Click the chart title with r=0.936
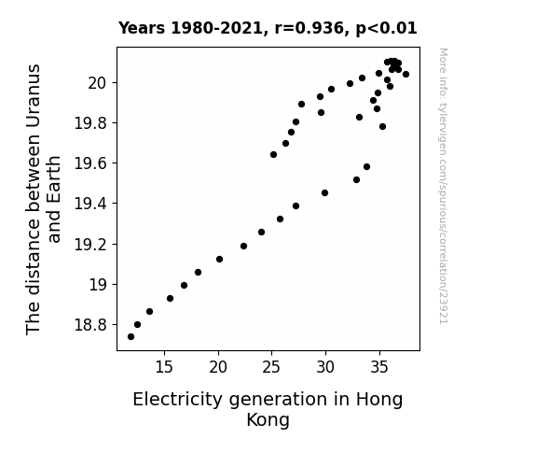tap(268, 28)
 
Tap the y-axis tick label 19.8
tap(90, 123)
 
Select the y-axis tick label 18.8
tap(90, 325)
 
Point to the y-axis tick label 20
tap(98, 83)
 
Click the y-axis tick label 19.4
tap(90, 204)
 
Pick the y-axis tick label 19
tap(99, 285)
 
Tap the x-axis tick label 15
tap(164, 367)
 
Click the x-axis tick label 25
tap(271, 367)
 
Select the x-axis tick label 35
tap(379, 367)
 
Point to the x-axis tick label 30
tap(325, 367)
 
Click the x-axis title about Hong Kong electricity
tap(268, 409)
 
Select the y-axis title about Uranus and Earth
tap(43, 199)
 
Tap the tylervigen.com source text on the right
tap(444, 186)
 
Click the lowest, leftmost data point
tap(131, 337)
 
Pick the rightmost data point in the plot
tap(405, 75)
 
